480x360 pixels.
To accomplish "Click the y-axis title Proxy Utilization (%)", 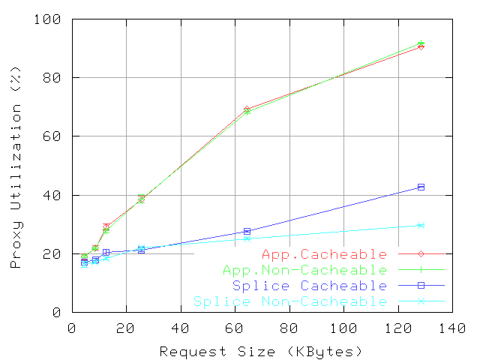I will click(x=15, y=166).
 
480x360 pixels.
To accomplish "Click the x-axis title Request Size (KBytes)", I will click(x=261, y=351).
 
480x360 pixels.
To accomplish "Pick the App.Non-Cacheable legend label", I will click(x=305, y=270).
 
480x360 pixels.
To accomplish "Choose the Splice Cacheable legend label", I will click(x=310, y=286).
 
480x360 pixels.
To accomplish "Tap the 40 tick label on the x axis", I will click(x=181, y=328).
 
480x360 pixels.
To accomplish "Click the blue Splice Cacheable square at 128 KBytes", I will click(x=421, y=187).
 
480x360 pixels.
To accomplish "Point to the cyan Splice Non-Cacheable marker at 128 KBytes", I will click(x=421, y=225).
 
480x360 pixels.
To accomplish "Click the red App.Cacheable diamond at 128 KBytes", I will click(x=421, y=46).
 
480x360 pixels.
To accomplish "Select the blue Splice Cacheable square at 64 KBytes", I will click(x=247, y=231).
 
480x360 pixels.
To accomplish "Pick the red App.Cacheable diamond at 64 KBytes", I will click(x=247, y=109).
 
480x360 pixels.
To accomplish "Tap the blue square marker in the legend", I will click(x=421, y=285).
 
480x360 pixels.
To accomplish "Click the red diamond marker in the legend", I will click(x=421, y=254).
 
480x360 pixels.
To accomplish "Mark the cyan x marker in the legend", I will click(x=421, y=301).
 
